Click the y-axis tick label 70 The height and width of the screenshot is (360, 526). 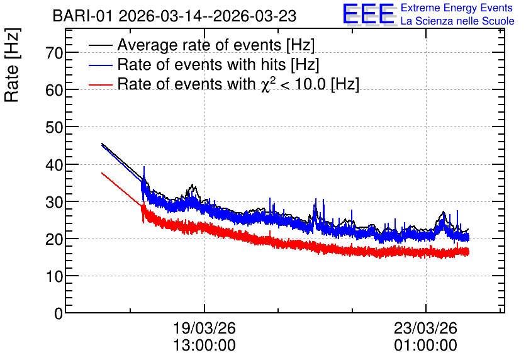tap(54, 53)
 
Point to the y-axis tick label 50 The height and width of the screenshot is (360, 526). tap(54, 127)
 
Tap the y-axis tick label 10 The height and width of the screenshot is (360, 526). tap(54, 276)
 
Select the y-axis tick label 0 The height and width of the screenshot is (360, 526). tap(59, 313)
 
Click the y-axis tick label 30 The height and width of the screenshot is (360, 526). tap(54, 202)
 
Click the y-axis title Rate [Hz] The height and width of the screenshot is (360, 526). tap(12, 65)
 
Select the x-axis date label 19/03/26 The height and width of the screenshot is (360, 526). tap(204, 328)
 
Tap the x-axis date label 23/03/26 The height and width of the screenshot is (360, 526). tap(426, 328)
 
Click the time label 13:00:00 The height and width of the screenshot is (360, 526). tap(204, 346)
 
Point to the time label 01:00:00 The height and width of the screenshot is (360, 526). tap(426, 346)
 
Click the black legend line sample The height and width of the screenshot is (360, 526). tap(100, 45)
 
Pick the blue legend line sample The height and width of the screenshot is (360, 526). tap(100, 65)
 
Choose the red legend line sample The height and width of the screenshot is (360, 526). tap(100, 84)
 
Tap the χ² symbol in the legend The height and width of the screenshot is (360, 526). tap(266, 84)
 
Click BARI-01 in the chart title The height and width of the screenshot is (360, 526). tap(82, 16)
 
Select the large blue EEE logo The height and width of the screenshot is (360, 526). tap(369, 14)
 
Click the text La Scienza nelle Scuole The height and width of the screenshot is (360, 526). tap(457, 21)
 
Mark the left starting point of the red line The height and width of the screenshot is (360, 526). tap(102, 173)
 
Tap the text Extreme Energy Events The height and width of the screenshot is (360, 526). tap(457, 8)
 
